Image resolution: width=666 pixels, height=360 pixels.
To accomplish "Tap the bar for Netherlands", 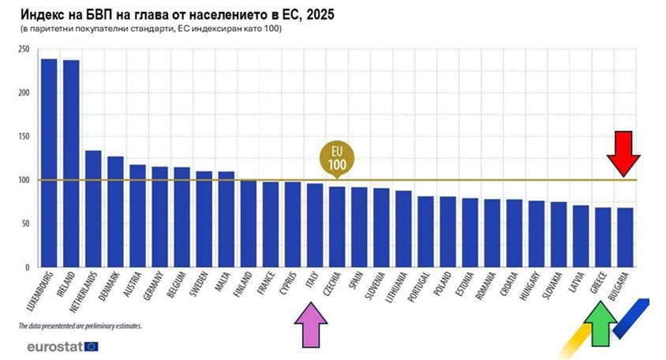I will tap(93, 208).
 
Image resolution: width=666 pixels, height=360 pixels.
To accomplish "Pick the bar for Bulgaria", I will tap(625, 237).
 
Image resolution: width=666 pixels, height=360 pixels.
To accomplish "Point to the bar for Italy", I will tap(315, 225).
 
